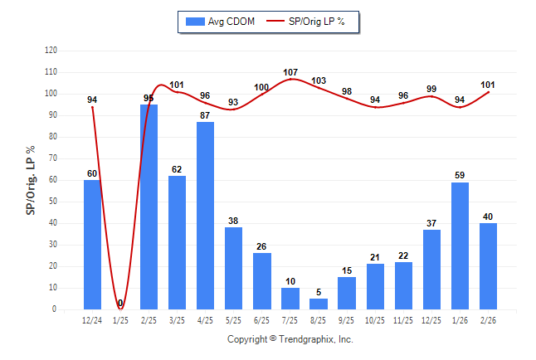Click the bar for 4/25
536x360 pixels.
click(x=205, y=216)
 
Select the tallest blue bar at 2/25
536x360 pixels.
click(x=149, y=207)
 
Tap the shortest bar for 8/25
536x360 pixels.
click(x=319, y=304)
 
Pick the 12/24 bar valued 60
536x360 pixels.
click(x=92, y=245)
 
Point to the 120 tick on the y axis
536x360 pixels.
click(x=51, y=51)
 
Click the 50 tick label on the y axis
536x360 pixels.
click(x=53, y=202)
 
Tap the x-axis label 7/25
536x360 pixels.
click(x=290, y=320)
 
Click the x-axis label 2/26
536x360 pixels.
click(x=488, y=320)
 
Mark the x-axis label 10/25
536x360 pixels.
click(x=375, y=320)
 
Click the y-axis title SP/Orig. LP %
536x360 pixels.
click(x=31, y=179)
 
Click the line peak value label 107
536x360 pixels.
click(x=290, y=72)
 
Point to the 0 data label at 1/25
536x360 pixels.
click(x=120, y=303)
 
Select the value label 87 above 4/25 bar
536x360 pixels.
click(x=205, y=114)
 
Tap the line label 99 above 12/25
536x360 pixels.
click(x=431, y=89)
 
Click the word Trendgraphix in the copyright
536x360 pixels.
click(x=305, y=339)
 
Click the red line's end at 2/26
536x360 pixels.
click(x=489, y=92)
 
